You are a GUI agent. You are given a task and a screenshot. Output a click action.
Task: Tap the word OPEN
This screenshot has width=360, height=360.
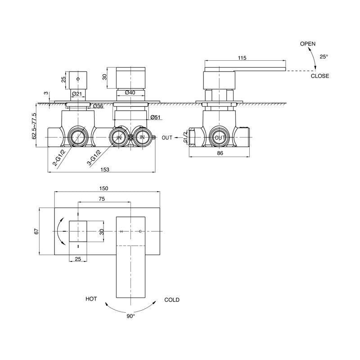[x=308, y=43]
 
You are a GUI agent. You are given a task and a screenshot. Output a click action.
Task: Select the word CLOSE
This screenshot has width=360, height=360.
[x=320, y=76]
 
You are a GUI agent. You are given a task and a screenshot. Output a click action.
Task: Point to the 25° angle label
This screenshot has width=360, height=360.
[x=324, y=57]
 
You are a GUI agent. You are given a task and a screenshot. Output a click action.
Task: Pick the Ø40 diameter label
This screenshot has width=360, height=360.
[x=130, y=93]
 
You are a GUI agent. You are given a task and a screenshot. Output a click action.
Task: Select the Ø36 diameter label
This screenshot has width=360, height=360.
[x=98, y=106]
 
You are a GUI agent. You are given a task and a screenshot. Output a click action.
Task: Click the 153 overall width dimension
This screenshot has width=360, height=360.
[x=104, y=169]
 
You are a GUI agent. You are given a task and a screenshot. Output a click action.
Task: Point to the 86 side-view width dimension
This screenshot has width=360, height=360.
[x=220, y=153]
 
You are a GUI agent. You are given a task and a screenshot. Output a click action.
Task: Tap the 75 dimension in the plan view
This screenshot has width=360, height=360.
[x=102, y=198]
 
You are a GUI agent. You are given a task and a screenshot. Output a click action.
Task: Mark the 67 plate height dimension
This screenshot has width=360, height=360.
[x=37, y=231]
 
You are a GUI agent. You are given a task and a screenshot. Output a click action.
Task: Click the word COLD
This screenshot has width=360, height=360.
[x=172, y=300]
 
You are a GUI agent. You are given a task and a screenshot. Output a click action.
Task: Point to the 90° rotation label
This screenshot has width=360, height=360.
[x=130, y=317]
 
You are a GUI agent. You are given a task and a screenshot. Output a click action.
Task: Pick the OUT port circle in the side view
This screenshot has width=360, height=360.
[x=220, y=137]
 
